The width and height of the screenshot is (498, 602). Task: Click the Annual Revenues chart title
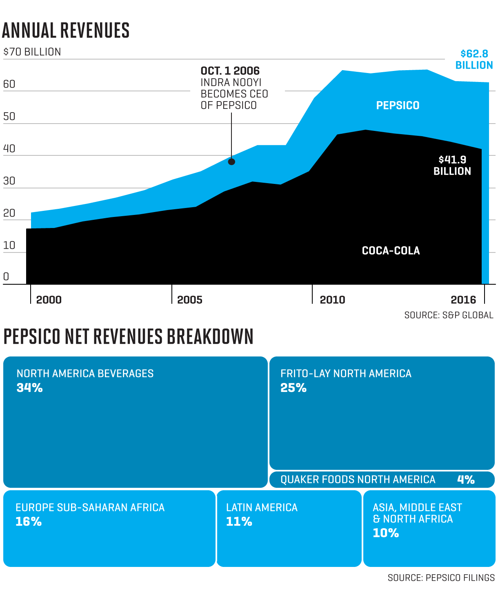click(66, 31)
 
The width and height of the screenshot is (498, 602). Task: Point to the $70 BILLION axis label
click(32, 52)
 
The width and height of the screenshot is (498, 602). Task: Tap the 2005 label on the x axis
click(189, 300)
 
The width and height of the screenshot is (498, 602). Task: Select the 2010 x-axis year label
click(332, 300)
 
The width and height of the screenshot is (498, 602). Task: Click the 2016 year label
click(463, 300)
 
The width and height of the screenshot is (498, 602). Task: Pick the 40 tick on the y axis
click(9, 148)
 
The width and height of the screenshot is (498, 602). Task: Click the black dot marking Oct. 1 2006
click(231, 162)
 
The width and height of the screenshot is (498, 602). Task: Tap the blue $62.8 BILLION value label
click(474, 60)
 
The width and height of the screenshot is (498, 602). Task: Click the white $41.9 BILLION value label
click(452, 165)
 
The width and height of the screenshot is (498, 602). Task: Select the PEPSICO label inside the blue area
click(398, 106)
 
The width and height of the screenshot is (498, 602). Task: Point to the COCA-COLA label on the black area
click(391, 250)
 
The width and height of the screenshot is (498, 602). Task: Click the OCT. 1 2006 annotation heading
click(230, 71)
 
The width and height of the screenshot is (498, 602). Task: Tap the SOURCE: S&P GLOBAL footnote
click(449, 315)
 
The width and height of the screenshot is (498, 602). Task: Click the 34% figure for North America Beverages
click(30, 388)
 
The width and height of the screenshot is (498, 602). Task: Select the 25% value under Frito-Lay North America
click(293, 388)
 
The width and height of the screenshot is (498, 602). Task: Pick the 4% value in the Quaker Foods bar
click(466, 480)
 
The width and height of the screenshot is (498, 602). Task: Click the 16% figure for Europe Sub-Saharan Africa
click(29, 522)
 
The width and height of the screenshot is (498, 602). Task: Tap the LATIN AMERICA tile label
click(262, 508)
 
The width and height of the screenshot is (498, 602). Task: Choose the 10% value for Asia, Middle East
click(386, 533)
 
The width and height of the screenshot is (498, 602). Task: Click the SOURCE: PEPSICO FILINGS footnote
click(441, 578)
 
